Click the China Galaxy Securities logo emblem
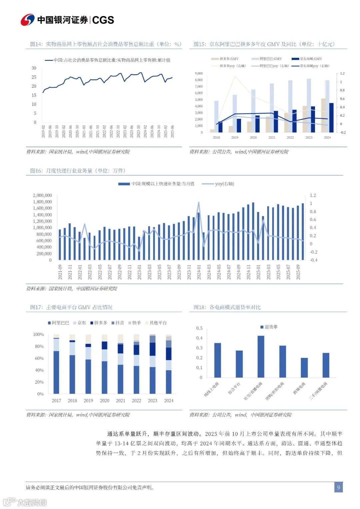click(27, 20)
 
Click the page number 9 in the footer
click(338, 487)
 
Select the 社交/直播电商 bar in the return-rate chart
click(261, 357)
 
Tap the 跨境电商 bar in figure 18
click(304, 368)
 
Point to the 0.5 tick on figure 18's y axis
click(199, 328)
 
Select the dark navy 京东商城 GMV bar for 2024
click(331, 117)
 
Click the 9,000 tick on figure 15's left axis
click(199, 73)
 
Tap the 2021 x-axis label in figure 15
click(272, 137)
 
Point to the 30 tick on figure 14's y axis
click(34, 68)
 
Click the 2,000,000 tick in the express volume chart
click(42, 195)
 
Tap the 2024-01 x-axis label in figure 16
click(199, 272)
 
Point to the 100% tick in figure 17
click(38, 335)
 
